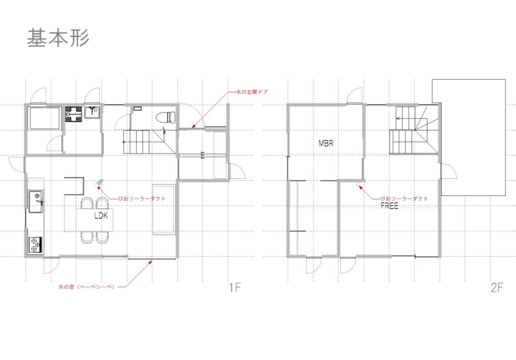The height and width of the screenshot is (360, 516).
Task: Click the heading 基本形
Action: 58,38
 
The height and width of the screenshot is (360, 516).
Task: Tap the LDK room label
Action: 101,216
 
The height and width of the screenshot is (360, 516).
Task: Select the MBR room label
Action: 326,143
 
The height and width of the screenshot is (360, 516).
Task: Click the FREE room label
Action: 390,206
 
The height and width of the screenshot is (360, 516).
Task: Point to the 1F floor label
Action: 235,287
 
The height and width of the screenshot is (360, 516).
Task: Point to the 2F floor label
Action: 497,287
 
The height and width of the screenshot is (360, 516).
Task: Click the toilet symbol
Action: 165,117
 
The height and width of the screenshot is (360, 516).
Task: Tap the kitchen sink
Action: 36,201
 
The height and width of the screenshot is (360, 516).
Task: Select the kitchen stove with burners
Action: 35,245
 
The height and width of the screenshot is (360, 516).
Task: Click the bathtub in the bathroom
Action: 45,118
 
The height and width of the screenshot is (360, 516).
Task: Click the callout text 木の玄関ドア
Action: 252,92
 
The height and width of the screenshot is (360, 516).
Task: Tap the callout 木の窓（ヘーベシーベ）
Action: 87,286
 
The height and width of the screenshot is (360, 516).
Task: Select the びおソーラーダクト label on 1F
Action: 142,198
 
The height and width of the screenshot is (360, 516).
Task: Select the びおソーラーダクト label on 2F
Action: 404,198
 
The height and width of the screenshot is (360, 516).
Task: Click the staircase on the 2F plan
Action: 415,130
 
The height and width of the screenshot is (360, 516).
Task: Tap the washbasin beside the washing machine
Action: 92,112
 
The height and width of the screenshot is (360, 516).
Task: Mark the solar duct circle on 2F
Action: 359,186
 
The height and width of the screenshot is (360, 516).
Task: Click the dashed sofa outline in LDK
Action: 164,209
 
